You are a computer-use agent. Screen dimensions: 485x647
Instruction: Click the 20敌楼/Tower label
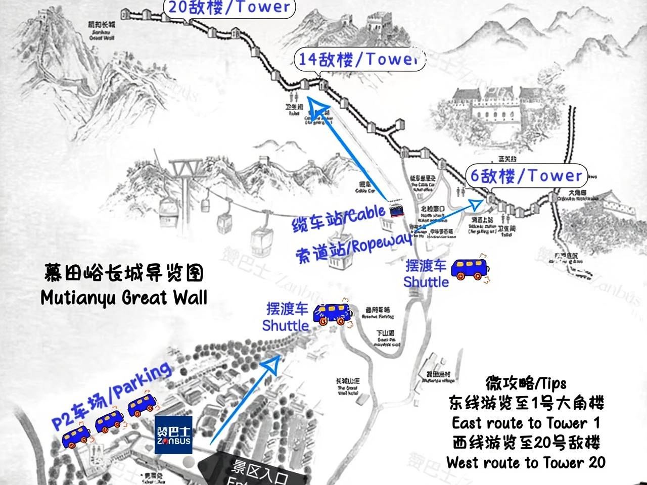(228, 8)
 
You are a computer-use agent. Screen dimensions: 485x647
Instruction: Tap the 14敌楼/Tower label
(357, 60)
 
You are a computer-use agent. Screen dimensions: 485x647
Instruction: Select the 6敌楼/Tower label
(526, 176)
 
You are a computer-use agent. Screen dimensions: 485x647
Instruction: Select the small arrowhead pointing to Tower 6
(475, 203)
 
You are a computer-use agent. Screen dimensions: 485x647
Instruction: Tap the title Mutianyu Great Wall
(124, 298)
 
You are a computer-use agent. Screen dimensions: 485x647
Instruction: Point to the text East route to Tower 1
(526, 422)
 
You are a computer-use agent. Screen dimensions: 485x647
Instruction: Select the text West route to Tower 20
(526, 462)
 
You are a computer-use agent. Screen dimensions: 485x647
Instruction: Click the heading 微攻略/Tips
(526, 384)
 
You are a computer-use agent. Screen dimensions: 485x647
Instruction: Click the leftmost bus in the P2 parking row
(77, 437)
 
